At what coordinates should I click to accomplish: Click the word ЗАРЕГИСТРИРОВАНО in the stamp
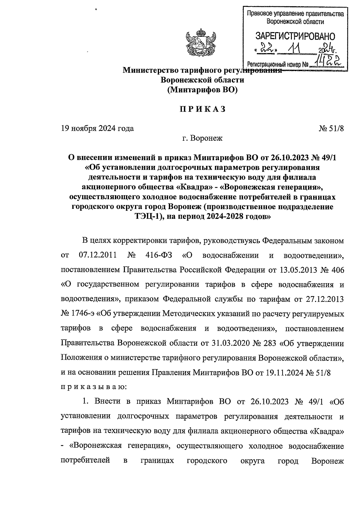tap(295, 37)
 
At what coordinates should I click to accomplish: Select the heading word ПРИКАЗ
tap(202, 109)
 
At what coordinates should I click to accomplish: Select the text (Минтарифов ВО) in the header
tap(202, 90)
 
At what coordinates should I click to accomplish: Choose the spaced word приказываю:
tap(94, 387)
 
